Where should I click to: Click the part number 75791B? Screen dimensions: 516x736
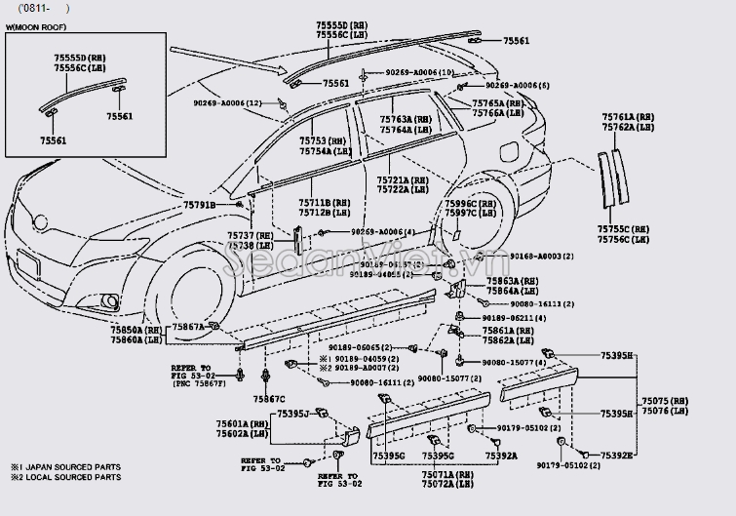click(x=201, y=204)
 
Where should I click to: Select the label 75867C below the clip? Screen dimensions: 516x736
click(x=269, y=399)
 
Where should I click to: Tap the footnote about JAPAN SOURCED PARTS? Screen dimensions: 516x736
click(x=63, y=467)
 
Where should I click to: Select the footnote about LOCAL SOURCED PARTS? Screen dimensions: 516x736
click(x=63, y=478)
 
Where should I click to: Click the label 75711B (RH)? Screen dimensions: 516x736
click(x=324, y=202)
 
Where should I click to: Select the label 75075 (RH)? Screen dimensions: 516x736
click(x=663, y=401)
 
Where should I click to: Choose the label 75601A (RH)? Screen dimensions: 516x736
click(x=242, y=423)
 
